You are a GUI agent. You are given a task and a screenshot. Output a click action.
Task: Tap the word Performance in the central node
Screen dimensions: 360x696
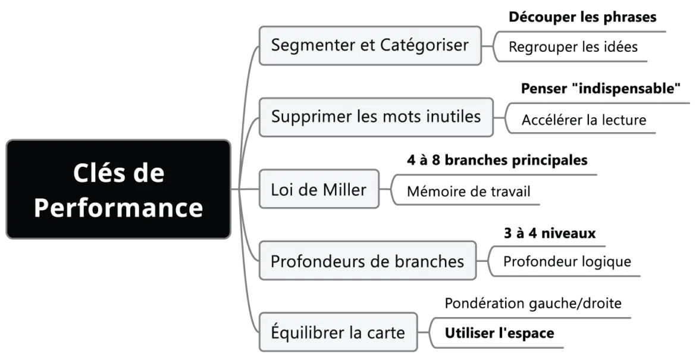[118, 208]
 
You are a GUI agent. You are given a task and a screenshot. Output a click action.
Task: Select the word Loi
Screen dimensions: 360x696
[283, 190]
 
